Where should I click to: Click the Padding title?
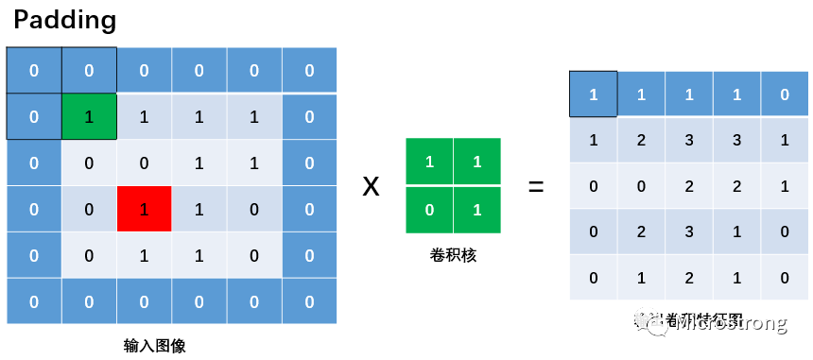[x=62, y=20]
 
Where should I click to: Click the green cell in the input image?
[x=89, y=117]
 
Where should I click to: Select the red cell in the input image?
[x=144, y=209]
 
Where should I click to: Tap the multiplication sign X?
[x=372, y=186]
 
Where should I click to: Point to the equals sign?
[x=535, y=186]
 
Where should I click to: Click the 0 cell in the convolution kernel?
[x=429, y=209]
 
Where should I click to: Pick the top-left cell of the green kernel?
[x=429, y=163]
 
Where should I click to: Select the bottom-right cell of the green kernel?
[x=476, y=209]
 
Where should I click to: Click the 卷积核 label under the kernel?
[x=453, y=254]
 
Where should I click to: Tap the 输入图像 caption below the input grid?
[x=154, y=345]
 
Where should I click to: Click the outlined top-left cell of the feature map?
[x=594, y=94]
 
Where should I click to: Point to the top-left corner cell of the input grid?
[x=34, y=71]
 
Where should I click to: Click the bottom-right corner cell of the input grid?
[x=310, y=301]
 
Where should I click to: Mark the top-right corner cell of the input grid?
[x=310, y=71]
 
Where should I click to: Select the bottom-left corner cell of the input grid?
[x=34, y=301]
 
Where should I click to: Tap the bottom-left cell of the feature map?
[x=594, y=278]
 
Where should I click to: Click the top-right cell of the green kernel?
[x=476, y=163]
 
